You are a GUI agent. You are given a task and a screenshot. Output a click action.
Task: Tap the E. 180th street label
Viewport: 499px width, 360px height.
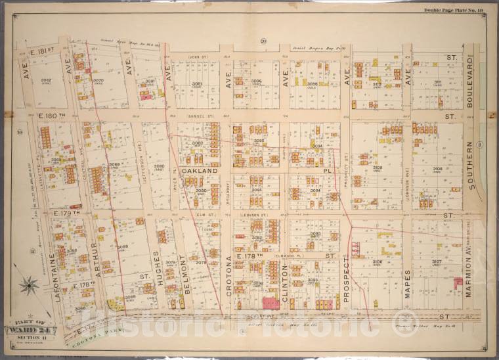50,116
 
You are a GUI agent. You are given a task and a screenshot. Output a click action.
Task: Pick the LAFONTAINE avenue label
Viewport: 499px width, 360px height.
58,282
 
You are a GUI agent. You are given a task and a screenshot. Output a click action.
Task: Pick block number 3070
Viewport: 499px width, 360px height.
98,81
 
